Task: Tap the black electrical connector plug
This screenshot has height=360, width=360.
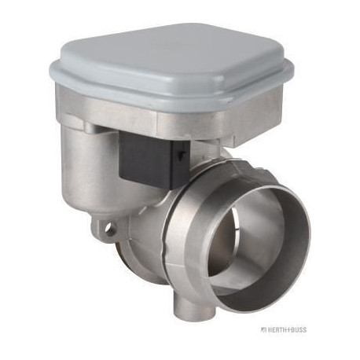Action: pos(154,159)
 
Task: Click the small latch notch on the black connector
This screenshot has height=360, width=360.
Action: pos(181,154)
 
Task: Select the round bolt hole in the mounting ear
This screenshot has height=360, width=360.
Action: pos(108,229)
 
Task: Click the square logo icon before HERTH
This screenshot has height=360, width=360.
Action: pos(263,329)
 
